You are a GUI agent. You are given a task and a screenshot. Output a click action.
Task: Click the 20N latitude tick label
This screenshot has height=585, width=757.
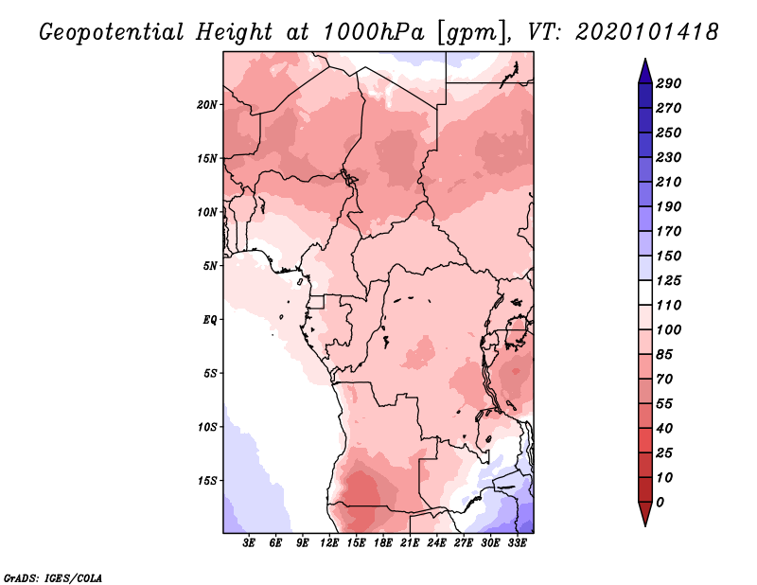(x=207, y=104)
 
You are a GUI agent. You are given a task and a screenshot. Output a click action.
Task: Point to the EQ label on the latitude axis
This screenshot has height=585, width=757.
(x=210, y=319)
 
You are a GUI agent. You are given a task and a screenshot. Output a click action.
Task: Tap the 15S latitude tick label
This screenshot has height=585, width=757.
(x=207, y=480)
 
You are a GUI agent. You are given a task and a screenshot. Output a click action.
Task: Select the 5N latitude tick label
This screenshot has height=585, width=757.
(x=210, y=265)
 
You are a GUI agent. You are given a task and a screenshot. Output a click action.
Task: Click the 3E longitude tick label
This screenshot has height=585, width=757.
(x=250, y=543)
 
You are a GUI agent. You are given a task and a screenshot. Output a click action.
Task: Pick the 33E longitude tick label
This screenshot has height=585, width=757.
(x=517, y=543)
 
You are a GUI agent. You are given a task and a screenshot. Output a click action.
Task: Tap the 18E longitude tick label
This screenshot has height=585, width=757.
(x=383, y=543)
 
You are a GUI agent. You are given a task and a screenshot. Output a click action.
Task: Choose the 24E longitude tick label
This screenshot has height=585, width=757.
(x=436, y=543)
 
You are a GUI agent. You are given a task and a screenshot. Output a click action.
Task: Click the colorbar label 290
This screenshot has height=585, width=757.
(x=669, y=83)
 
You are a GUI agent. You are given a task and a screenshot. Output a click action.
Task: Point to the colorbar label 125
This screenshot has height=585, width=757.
(x=669, y=280)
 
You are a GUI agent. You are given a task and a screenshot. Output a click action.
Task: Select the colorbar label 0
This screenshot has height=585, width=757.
(x=660, y=502)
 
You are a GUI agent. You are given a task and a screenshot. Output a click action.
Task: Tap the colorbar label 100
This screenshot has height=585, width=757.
(x=669, y=329)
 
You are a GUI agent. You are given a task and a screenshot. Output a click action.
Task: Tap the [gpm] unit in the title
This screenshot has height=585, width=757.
(x=466, y=31)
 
